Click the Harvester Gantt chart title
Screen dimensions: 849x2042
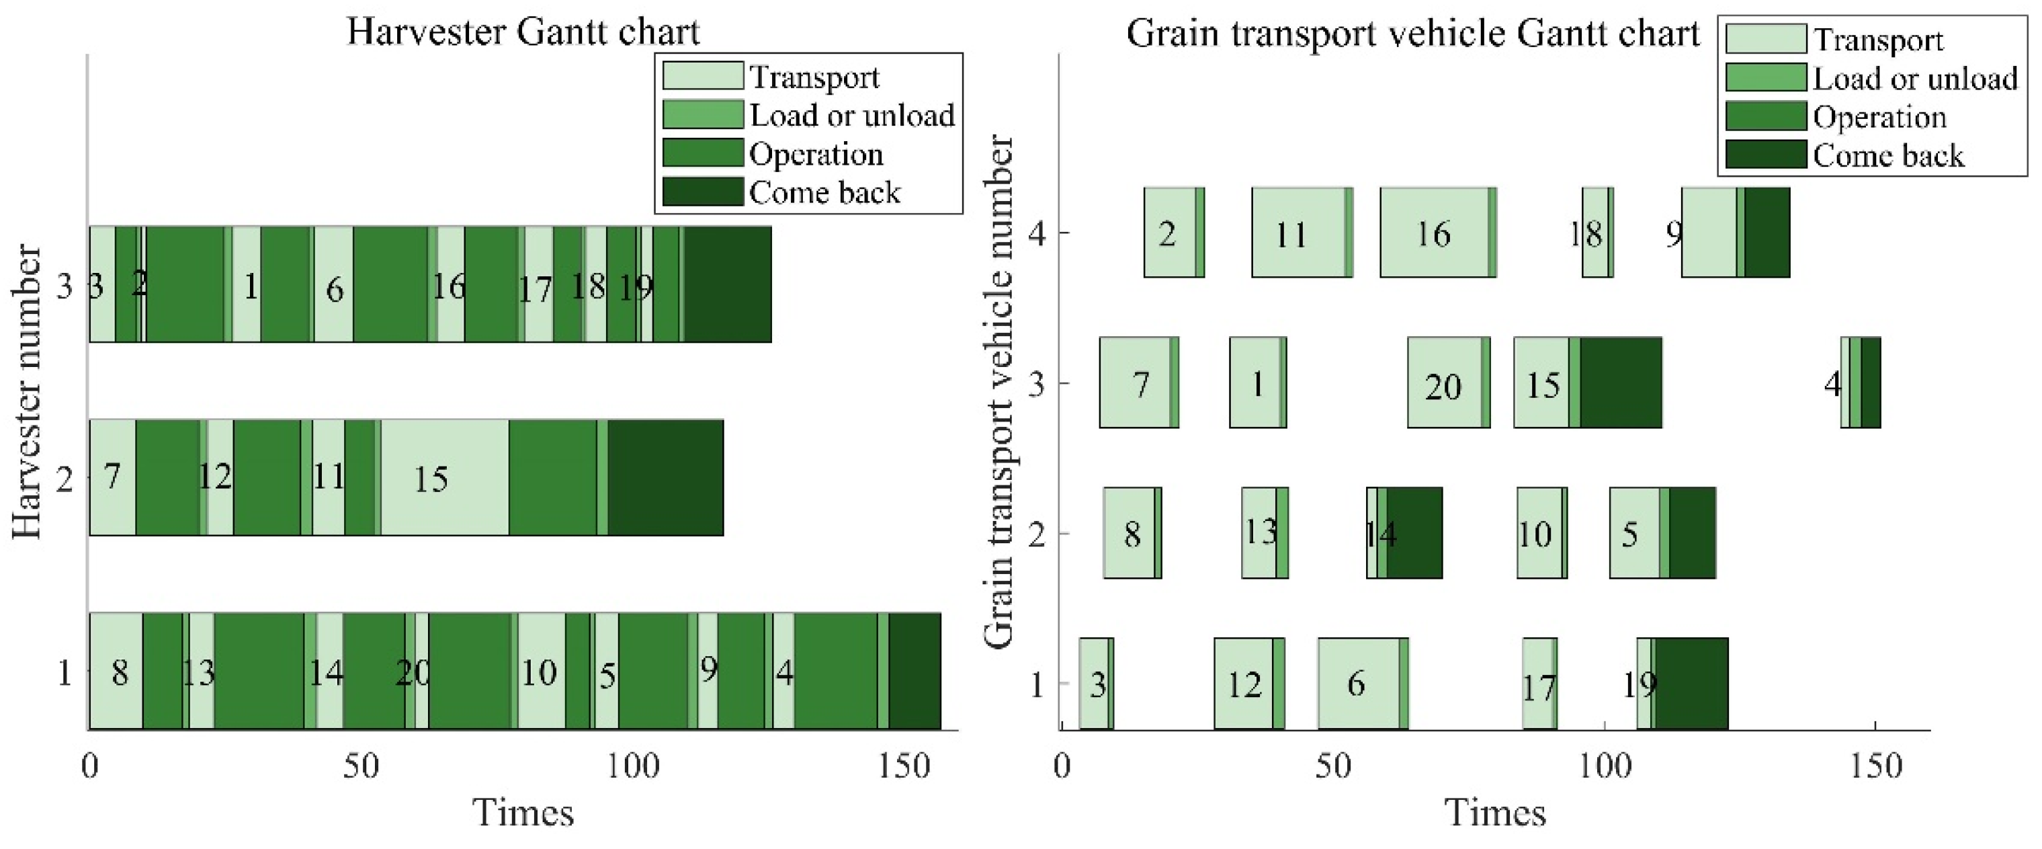[x=523, y=32]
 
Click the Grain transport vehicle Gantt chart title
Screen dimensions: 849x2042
[x=1412, y=34]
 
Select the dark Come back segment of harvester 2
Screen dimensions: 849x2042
[x=665, y=477]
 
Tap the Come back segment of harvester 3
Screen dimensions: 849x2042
[x=728, y=284]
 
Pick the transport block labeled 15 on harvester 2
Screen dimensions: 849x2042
[x=445, y=477]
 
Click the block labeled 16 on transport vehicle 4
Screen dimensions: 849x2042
[x=1433, y=233]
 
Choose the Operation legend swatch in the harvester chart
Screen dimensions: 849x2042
[x=702, y=153]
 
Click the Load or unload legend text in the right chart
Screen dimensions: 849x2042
[x=1914, y=79]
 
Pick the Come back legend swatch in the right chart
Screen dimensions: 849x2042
[x=1765, y=155]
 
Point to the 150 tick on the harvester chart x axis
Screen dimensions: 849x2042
[x=904, y=766]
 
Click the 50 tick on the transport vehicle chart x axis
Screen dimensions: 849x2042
[x=1333, y=766]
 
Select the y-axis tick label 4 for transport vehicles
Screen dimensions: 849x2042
[x=1037, y=234]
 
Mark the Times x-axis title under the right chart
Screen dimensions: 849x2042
[x=1495, y=813]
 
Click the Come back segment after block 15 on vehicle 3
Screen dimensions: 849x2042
[x=1621, y=383]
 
